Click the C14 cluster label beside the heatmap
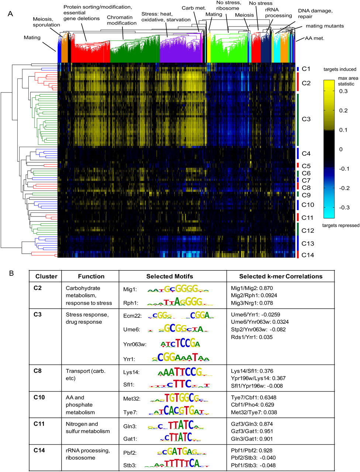click(308, 255)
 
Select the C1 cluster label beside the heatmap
click(306, 69)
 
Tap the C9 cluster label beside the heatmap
click(306, 195)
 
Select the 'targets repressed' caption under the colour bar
click(341, 225)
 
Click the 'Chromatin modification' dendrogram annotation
click(122, 20)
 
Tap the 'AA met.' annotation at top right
click(315, 38)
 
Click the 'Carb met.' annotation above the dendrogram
click(194, 8)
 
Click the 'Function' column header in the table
click(91, 276)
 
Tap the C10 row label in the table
click(39, 397)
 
